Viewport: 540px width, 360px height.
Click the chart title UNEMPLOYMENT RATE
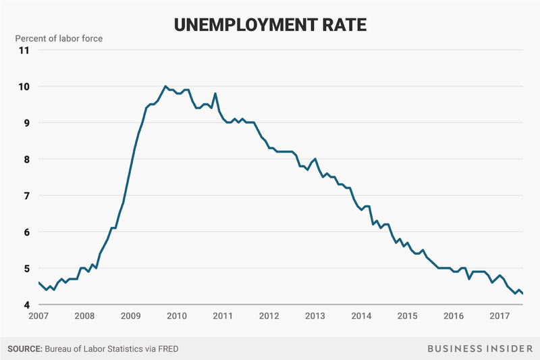tap(269, 24)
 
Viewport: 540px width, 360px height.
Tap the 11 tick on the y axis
tap(24, 50)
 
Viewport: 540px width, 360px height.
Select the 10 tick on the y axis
tap(24, 86)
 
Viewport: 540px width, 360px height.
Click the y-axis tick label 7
tap(26, 195)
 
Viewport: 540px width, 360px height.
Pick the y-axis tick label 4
tap(26, 305)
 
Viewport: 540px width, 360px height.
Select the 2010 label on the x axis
tap(176, 316)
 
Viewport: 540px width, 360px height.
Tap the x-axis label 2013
tap(315, 316)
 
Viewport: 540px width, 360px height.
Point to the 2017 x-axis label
tap(499, 316)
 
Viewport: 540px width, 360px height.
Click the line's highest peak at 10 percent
tap(165, 86)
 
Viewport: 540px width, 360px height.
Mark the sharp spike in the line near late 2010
tap(215, 93)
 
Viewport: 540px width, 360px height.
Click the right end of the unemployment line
tap(522, 293)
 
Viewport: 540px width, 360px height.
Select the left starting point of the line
tap(38, 282)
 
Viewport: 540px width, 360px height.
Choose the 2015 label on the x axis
tap(406, 316)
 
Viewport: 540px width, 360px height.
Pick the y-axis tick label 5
tap(26, 268)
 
